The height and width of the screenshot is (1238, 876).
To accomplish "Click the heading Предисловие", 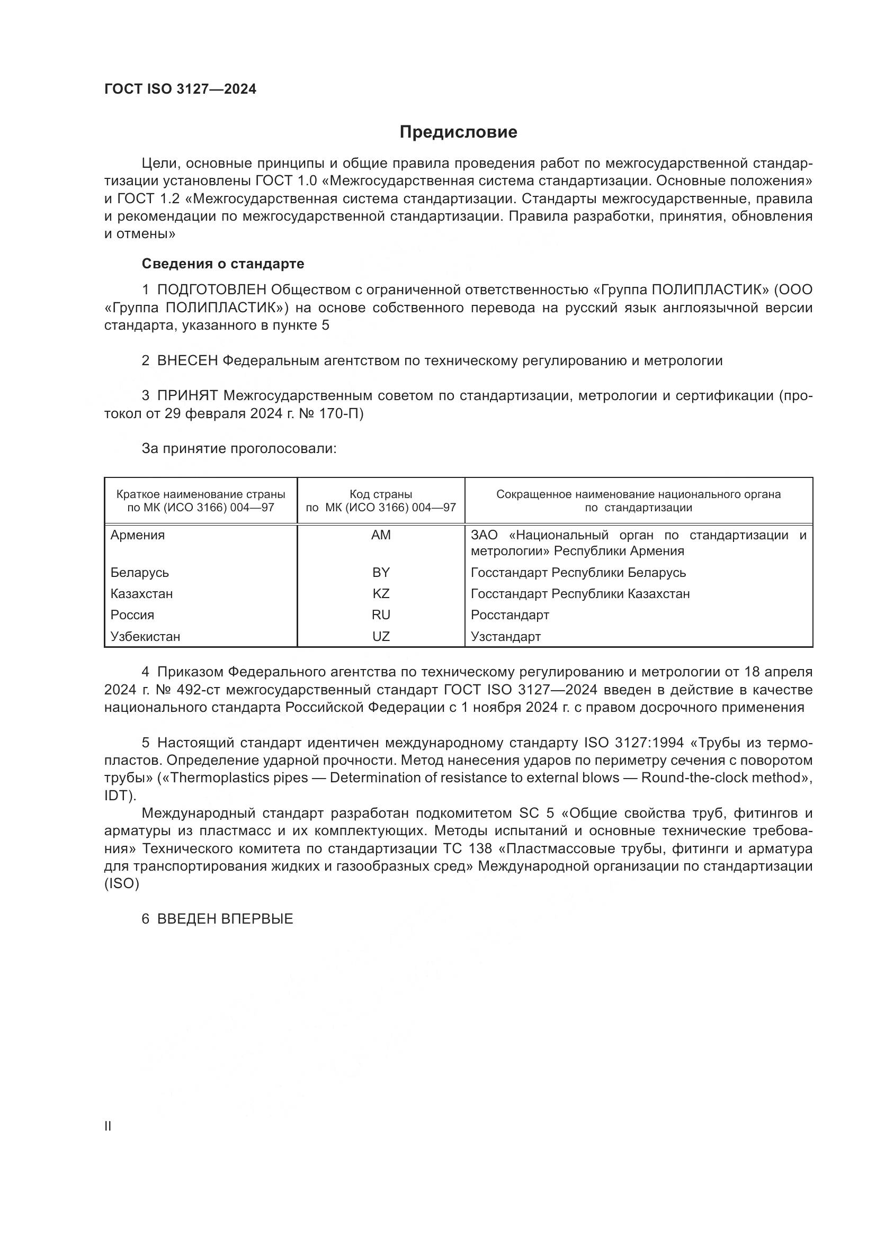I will coord(458,132).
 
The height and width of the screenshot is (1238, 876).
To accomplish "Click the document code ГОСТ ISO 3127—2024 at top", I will coord(180,89).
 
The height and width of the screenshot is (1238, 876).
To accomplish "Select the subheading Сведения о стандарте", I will coord(223,264).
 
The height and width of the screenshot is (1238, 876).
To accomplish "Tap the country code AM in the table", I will coord(381,535).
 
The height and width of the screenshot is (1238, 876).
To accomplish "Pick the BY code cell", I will coord(381,572).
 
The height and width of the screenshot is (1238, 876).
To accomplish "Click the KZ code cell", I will coord(381,594).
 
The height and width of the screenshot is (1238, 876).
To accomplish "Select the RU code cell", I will coord(381,615).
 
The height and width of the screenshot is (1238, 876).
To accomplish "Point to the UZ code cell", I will coord(381,636).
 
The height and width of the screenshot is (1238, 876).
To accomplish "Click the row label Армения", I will coord(138,535).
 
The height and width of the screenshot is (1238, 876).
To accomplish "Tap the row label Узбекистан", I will coord(145,636).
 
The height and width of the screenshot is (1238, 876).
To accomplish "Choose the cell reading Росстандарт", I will coord(509,615).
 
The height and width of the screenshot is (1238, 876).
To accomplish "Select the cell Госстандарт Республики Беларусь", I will coord(578,572).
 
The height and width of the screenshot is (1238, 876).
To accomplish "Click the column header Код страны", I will coord(381,494).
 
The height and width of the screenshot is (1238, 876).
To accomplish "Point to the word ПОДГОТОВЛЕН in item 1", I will coord(211,290).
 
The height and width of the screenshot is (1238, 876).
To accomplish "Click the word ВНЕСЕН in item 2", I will coord(187,361).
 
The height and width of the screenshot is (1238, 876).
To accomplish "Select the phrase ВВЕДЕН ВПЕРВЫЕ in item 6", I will coord(225,919).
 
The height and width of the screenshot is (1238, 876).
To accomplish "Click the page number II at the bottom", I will coord(108,1126).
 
